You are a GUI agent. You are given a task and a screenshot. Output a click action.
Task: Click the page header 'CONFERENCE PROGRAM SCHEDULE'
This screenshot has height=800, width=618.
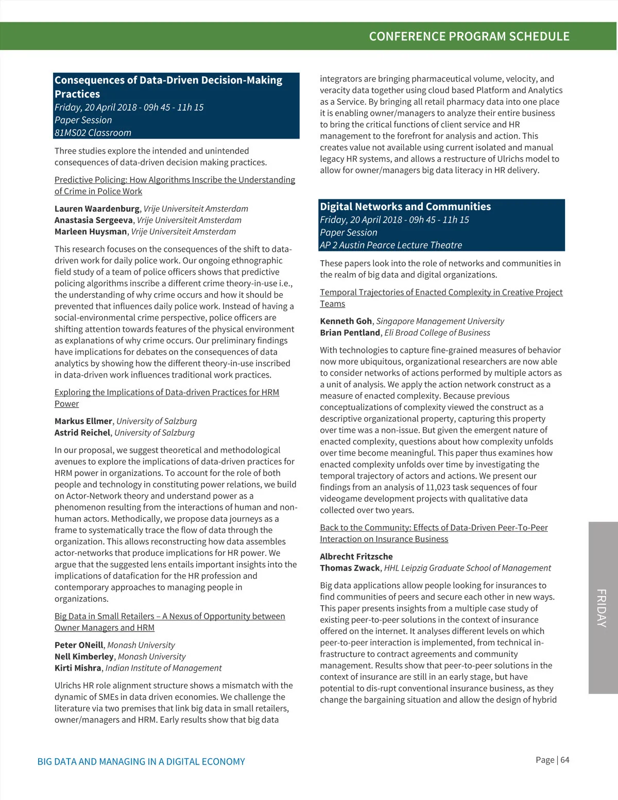(469, 37)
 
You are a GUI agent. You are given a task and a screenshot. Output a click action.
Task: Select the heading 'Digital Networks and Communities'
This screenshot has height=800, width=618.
(405, 207)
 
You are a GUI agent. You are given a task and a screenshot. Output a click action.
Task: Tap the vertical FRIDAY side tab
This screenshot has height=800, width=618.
(602, 608)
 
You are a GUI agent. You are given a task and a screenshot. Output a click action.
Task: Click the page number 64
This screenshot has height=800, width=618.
(565, 760)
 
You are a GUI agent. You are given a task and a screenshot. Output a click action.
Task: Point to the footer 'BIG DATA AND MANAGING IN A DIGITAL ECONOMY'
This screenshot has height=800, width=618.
(141, 761)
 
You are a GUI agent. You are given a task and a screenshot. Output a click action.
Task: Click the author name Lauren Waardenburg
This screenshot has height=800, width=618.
(97, 209)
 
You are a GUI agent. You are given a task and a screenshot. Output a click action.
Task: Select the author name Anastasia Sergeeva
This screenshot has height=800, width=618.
(94, 220)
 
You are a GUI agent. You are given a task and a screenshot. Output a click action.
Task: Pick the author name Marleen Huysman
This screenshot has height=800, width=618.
(91, 231)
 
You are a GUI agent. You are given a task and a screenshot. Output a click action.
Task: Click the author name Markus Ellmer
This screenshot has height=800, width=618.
(83, 421)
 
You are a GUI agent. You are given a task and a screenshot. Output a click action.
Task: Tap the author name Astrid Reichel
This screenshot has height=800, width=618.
(82, 432)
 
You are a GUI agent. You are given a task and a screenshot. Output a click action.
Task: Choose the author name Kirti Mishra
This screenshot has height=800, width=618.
(78, 668)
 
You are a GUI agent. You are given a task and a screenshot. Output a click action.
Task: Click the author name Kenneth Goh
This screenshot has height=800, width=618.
(346, 321)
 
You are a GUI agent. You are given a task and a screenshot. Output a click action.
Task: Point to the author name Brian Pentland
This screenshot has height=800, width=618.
(350, 332)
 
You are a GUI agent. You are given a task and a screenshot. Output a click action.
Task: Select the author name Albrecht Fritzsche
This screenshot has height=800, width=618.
(356, 556)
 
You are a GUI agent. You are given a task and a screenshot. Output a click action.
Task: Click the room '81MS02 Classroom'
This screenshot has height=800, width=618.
(93, 132)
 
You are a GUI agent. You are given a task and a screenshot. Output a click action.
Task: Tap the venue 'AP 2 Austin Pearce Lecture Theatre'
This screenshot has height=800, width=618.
(391, 245)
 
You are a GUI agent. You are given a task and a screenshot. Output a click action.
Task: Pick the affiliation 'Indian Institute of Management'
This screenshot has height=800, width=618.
(163, 668)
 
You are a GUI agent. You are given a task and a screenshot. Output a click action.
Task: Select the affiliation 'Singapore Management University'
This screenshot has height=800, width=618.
(440, 321)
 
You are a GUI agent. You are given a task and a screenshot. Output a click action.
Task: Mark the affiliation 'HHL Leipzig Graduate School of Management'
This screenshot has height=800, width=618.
(467, 568)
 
